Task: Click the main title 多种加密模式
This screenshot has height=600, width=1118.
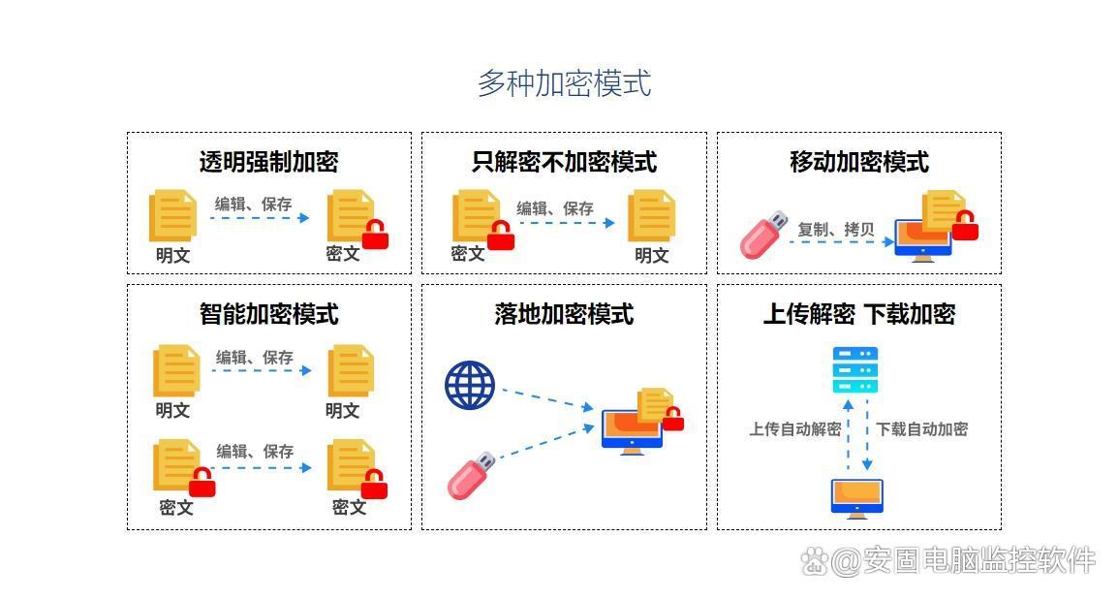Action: (x=564, y=83)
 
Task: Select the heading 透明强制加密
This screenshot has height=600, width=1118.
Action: (x=268, y=162)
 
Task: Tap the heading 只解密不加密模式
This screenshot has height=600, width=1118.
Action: (x=564, y=162)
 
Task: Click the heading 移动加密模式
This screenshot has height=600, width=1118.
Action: (x=859, y=162)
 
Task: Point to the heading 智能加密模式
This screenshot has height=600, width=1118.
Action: (x=268, y=314)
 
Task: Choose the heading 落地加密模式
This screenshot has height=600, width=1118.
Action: (x=564, y=314)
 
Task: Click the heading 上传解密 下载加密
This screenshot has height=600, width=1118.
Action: (x=859, y=314)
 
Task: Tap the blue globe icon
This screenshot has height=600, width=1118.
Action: (x=470, y=385)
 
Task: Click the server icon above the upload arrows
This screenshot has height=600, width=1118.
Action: (x=854, y=370)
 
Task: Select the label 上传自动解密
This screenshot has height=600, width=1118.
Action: (x=795, y=428)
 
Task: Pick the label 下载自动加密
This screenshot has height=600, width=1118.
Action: (x=922, y=428)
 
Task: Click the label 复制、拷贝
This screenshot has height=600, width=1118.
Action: (x=836, y=229)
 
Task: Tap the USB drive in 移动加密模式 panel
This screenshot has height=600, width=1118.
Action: (x=763, y=235)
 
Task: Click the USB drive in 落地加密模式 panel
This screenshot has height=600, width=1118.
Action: (x=471, y=475)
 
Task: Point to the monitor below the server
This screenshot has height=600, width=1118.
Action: (x=857, y=498)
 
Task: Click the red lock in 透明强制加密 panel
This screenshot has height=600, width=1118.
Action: (x=375, y=234)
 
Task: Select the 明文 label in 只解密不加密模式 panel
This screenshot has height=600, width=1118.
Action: (x=652, y=255)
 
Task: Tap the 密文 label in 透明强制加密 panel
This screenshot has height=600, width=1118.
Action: (x=343, y=254)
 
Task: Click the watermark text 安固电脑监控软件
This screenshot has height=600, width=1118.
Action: (x=978, y=560)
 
